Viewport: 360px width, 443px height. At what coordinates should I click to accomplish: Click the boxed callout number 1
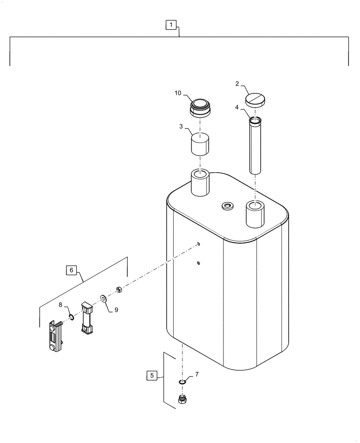click(x=172, y=26)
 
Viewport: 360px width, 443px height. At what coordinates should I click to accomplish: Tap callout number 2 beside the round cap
click(x=238, y=83)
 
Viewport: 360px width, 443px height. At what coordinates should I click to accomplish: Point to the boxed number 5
click(x=152, y=376)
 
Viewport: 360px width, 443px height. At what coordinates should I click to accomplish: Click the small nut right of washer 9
click(x=118, y=290)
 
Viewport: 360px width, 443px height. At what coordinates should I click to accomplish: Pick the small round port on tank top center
click(x=228, y=206)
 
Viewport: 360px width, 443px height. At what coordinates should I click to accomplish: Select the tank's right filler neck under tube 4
click(x=255, y=213)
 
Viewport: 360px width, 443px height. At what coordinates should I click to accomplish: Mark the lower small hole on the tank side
click(x=199, y=264)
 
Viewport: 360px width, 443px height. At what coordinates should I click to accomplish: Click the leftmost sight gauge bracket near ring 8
click(x=55, y=338)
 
